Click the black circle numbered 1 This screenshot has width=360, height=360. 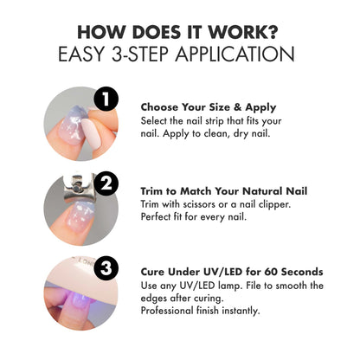coord(106,99)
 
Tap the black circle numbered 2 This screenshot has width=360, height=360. coord(106,183)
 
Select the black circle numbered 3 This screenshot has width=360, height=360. coord(106,268)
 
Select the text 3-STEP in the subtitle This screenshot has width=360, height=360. coord(140,54)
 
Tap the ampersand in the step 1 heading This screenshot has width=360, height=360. coord(237,107)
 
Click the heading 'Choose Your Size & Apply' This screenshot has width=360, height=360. coord(209,107)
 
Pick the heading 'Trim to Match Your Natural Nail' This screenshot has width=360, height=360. coord(224,191)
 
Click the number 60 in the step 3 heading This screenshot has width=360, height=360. coord(271,272)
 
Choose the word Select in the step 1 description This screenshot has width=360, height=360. coord(154,121)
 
